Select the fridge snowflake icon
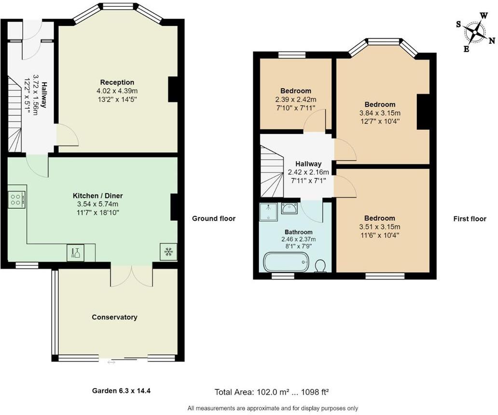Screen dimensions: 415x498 pos(168,252)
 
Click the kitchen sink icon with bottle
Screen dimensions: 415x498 pos(75,252)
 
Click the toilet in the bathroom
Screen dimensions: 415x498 pos(319,265)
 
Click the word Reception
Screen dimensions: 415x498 pos(117,82)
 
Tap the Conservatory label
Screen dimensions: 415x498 pos(115,317)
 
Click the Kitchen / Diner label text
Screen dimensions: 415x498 pos(98,196)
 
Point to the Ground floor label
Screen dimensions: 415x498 pos(214,218)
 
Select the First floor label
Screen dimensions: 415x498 pos(470,219)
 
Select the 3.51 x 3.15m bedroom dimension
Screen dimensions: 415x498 pos(380,227)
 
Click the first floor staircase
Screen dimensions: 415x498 pos(271,174)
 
